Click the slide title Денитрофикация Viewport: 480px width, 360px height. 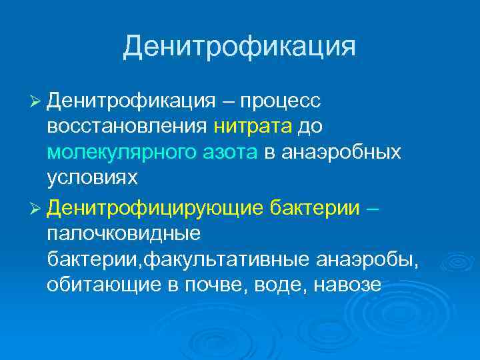pos(239,47)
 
